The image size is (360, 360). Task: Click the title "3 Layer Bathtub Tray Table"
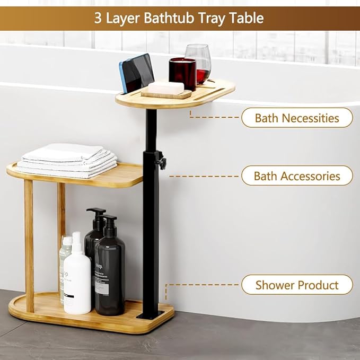click(179, 18)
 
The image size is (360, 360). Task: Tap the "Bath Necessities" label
click(297, 118)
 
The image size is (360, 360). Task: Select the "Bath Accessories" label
click(297, 175)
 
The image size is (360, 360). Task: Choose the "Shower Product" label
click(297, 285)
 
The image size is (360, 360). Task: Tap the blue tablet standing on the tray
click(136, 73)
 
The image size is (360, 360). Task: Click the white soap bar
click(165, 87)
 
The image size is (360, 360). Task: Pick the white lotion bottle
click(77, 276)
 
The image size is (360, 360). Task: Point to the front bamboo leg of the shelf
click(29, 244)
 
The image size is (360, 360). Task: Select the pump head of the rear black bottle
click(96, 213)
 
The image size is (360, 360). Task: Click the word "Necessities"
click(312, 118)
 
